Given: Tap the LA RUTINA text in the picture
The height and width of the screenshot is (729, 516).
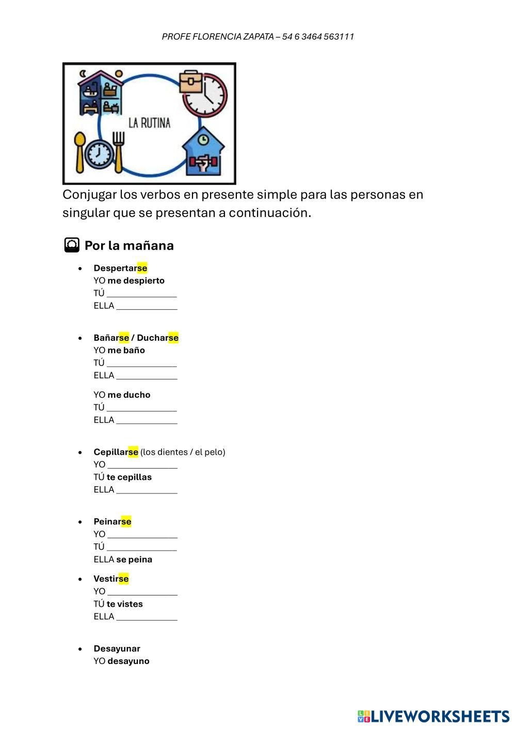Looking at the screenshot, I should (x=149, y=123).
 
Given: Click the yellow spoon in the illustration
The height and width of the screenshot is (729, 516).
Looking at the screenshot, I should (x=80, y=152).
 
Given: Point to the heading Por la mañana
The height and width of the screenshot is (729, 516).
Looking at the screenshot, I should (x=128, y=245).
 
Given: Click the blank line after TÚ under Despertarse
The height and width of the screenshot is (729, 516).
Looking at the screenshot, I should (x=141, y=294).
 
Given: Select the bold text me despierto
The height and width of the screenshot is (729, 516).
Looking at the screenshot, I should (x=136, y=280).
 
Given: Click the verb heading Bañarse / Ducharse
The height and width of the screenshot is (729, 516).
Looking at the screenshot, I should (x=136, y=338).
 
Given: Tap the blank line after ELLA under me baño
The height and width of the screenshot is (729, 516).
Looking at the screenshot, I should (x=147, y=376).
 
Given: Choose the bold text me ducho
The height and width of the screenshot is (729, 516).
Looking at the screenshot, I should (x=128, y=395).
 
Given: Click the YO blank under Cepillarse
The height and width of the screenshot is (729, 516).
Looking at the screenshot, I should (x=142, y=466).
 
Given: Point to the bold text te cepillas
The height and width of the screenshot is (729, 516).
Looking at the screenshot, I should (x=129, y=477).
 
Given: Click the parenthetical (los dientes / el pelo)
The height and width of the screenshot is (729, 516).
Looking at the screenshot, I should (x=183, y=452).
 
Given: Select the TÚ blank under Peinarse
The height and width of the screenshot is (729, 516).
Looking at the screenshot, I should (x=141, y=548).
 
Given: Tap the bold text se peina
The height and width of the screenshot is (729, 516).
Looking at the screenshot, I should (x=134, y=559).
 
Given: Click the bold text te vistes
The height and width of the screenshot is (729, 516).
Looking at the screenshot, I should (x=124, y=604).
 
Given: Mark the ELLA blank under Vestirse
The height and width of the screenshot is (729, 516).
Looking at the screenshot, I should (x=147, y=618).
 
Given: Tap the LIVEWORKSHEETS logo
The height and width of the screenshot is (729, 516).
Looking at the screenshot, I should (x=433, y=716).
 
